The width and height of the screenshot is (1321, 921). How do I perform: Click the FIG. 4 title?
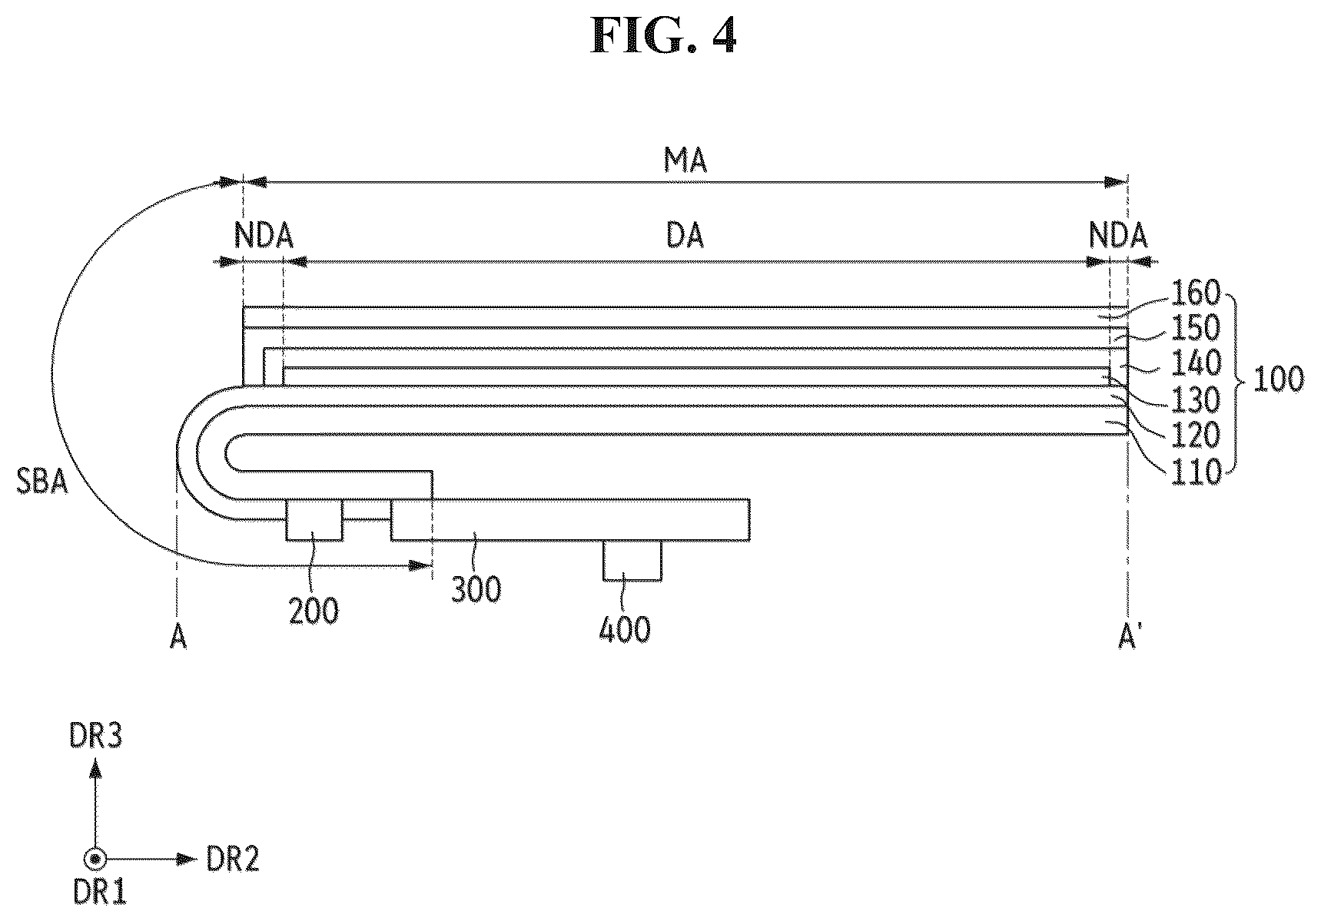(x=663, y=36)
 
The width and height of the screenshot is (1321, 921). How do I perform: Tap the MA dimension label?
(x=685, y=161)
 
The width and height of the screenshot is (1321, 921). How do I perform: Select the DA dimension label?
(x=685, y=236)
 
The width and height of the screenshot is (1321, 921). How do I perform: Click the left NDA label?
(x=264, y=236)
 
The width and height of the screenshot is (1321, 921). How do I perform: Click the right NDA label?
(x=1118, y=236)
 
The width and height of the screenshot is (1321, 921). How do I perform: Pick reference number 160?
(x=1195, y=293)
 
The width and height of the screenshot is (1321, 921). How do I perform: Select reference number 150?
(x=1195, y=328)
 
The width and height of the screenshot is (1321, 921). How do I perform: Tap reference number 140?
(x=1195, y=364)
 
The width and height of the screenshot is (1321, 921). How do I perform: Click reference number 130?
(x=1195, y=400)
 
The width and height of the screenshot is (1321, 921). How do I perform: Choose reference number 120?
(x=1195, y=436)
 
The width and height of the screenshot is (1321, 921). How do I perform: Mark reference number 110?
(x=1195, y=472)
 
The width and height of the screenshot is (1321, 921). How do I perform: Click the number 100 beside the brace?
(x=1278, y=380)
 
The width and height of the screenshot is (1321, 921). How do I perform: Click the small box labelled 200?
(x=314, y=520)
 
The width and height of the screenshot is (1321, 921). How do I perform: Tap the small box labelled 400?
(x=632, y=560)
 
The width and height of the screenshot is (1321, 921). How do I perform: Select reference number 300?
(x=476, y=591)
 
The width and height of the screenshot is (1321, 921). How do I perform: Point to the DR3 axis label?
(x=95, y=737)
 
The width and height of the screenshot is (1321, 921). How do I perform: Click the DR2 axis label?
(x=233, y=860)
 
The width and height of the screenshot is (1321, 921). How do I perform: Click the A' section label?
(x=1128, y=638)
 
